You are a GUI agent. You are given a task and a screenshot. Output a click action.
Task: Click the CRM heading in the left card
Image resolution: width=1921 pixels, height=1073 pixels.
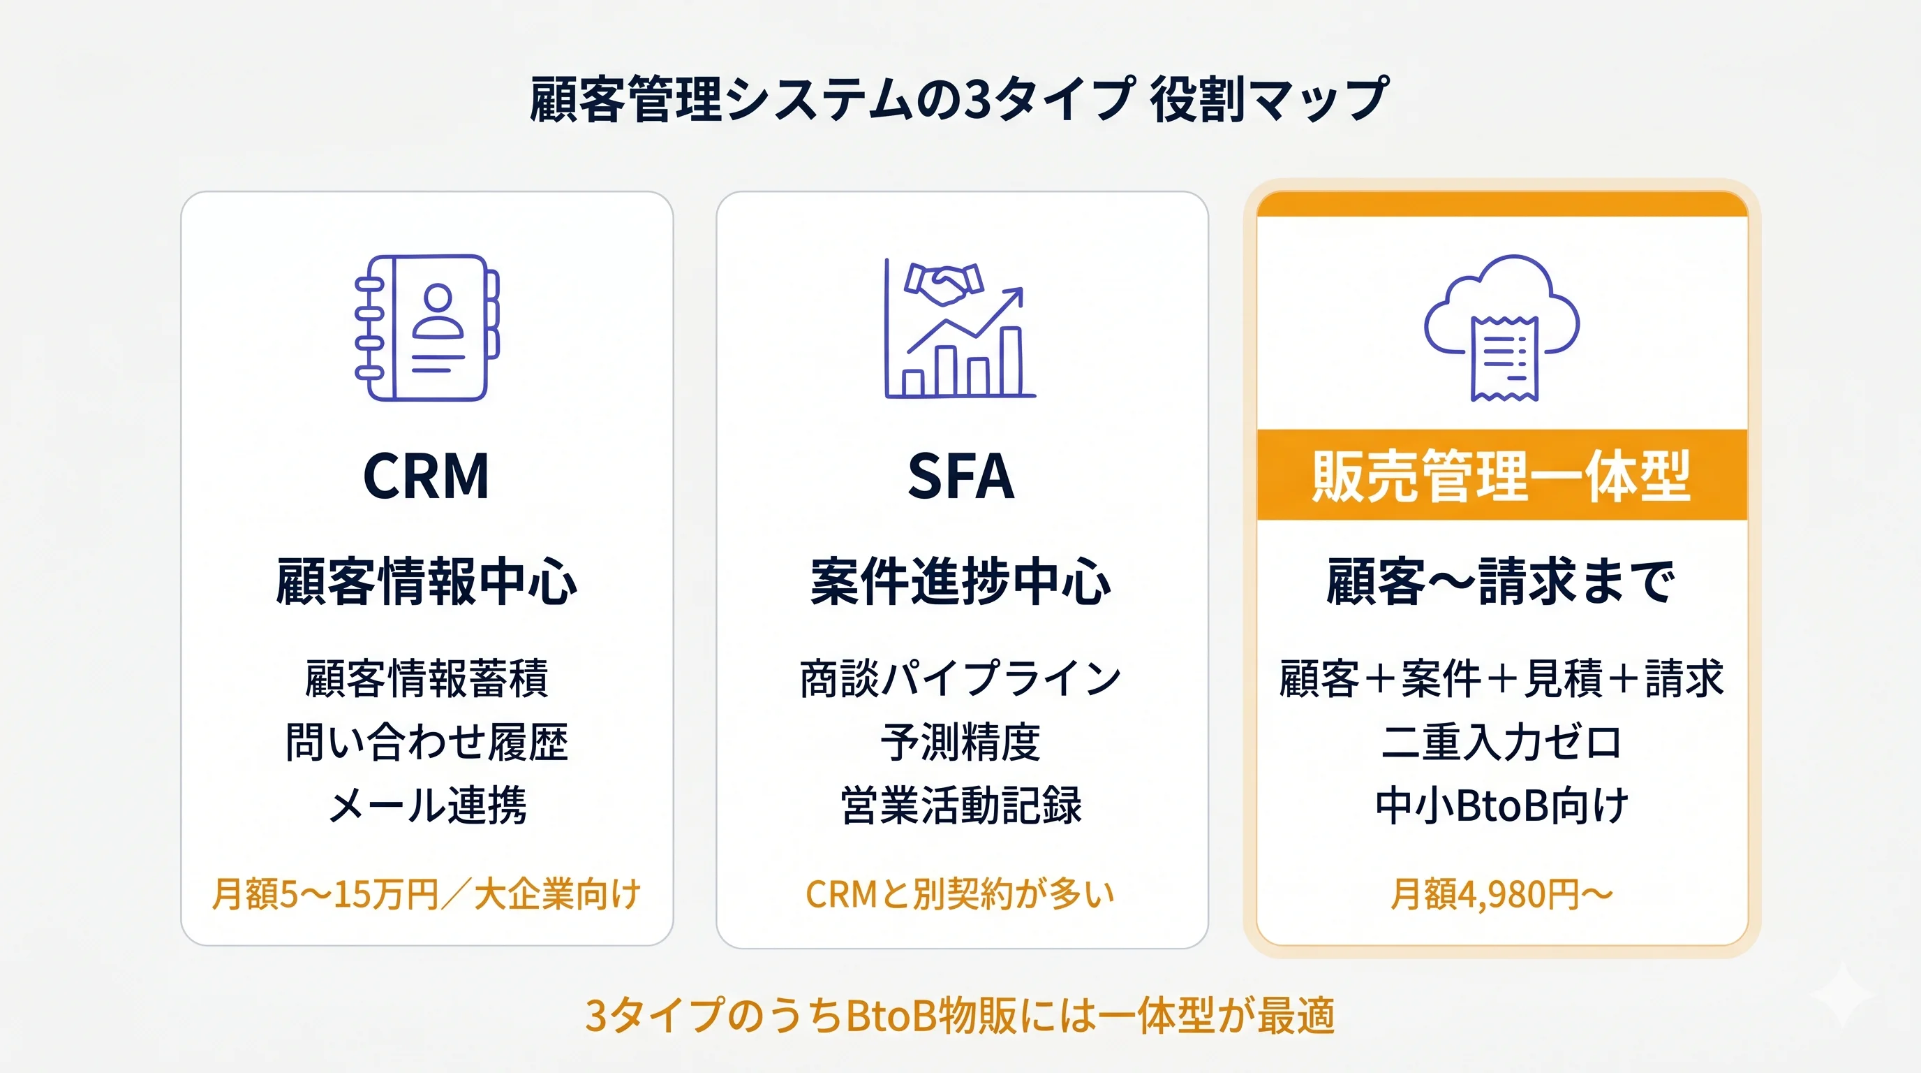[x=426, y=476]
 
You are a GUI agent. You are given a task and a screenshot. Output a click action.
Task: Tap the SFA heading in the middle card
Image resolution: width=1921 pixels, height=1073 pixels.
[x=961, y=476]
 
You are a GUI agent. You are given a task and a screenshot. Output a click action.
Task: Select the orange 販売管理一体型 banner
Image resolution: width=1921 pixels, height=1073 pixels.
[x=1502, y=474]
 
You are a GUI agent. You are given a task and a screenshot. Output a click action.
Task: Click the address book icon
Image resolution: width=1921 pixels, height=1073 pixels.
[x=427, y=328]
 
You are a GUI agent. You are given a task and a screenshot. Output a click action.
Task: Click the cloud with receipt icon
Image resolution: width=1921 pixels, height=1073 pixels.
[x=1502, y=328]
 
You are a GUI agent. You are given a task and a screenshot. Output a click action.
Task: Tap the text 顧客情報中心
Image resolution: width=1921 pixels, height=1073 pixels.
[x=427, y=581]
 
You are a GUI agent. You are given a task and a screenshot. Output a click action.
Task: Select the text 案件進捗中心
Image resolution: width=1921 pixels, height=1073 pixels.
[x=961, y=581]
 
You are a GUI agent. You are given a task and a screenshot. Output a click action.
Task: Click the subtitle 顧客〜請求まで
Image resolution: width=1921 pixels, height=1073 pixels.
[x=1501, y=581]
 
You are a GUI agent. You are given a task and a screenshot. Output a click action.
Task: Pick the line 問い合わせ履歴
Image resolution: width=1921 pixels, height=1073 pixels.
[x=427, y=742]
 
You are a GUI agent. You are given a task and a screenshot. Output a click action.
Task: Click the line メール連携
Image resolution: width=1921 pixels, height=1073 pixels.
[x=427, y=806]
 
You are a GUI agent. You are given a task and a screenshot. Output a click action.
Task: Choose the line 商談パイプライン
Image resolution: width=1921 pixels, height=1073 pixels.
[x=961, y=678]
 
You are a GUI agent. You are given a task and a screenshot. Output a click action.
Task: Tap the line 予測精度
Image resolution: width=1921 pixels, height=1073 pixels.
[x=961, y=742]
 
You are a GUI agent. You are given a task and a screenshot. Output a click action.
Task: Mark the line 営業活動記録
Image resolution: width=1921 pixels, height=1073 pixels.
[x=961, y=806]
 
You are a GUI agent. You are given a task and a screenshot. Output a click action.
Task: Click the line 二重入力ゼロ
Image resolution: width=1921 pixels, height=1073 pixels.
[x=1501, y=742]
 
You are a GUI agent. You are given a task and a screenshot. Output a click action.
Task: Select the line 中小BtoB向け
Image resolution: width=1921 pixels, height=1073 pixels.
[x=1501, y=806]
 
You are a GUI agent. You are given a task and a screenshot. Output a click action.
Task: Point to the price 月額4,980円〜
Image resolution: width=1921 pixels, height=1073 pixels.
[x=1501, y=894]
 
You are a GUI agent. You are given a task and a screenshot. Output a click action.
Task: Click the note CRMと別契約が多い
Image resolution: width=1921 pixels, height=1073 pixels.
[x=961, y=894]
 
